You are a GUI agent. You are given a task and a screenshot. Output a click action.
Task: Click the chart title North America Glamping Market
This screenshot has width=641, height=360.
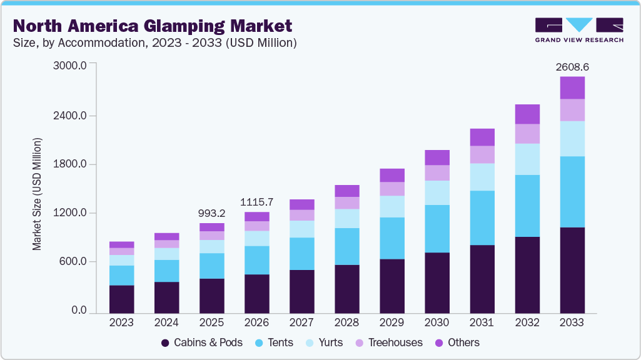[x=153, y=26]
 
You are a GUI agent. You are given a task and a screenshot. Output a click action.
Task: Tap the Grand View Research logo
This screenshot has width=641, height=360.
[x=578, y=30]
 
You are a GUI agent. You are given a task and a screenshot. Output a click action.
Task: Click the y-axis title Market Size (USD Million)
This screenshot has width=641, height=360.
[x=37, y=194]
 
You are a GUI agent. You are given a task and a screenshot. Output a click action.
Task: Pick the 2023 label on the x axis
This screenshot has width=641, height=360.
[x=121, y=322]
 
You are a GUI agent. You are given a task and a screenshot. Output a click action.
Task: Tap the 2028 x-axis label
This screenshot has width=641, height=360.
[x=346, y=322]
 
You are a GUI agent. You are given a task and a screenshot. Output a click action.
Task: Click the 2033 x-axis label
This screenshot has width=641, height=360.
[x=572, y=322]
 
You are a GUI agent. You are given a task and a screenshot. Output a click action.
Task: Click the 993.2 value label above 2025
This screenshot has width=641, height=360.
[x=211, y=212]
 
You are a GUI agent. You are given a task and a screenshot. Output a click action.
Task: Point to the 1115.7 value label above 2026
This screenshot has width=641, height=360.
[x=256, y=202]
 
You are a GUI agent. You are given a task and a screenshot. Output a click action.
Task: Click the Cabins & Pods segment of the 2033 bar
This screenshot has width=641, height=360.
[x=572, y=270]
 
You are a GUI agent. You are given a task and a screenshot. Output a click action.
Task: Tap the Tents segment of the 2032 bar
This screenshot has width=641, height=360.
[x=527, y=206]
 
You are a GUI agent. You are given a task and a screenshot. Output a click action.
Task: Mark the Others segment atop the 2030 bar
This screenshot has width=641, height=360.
[x=437, y=157]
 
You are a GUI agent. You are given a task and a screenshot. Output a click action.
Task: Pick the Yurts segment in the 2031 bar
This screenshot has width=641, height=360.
[x=482, y=177]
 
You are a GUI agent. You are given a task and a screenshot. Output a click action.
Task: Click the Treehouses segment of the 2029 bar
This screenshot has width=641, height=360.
[x=392, y=189]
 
